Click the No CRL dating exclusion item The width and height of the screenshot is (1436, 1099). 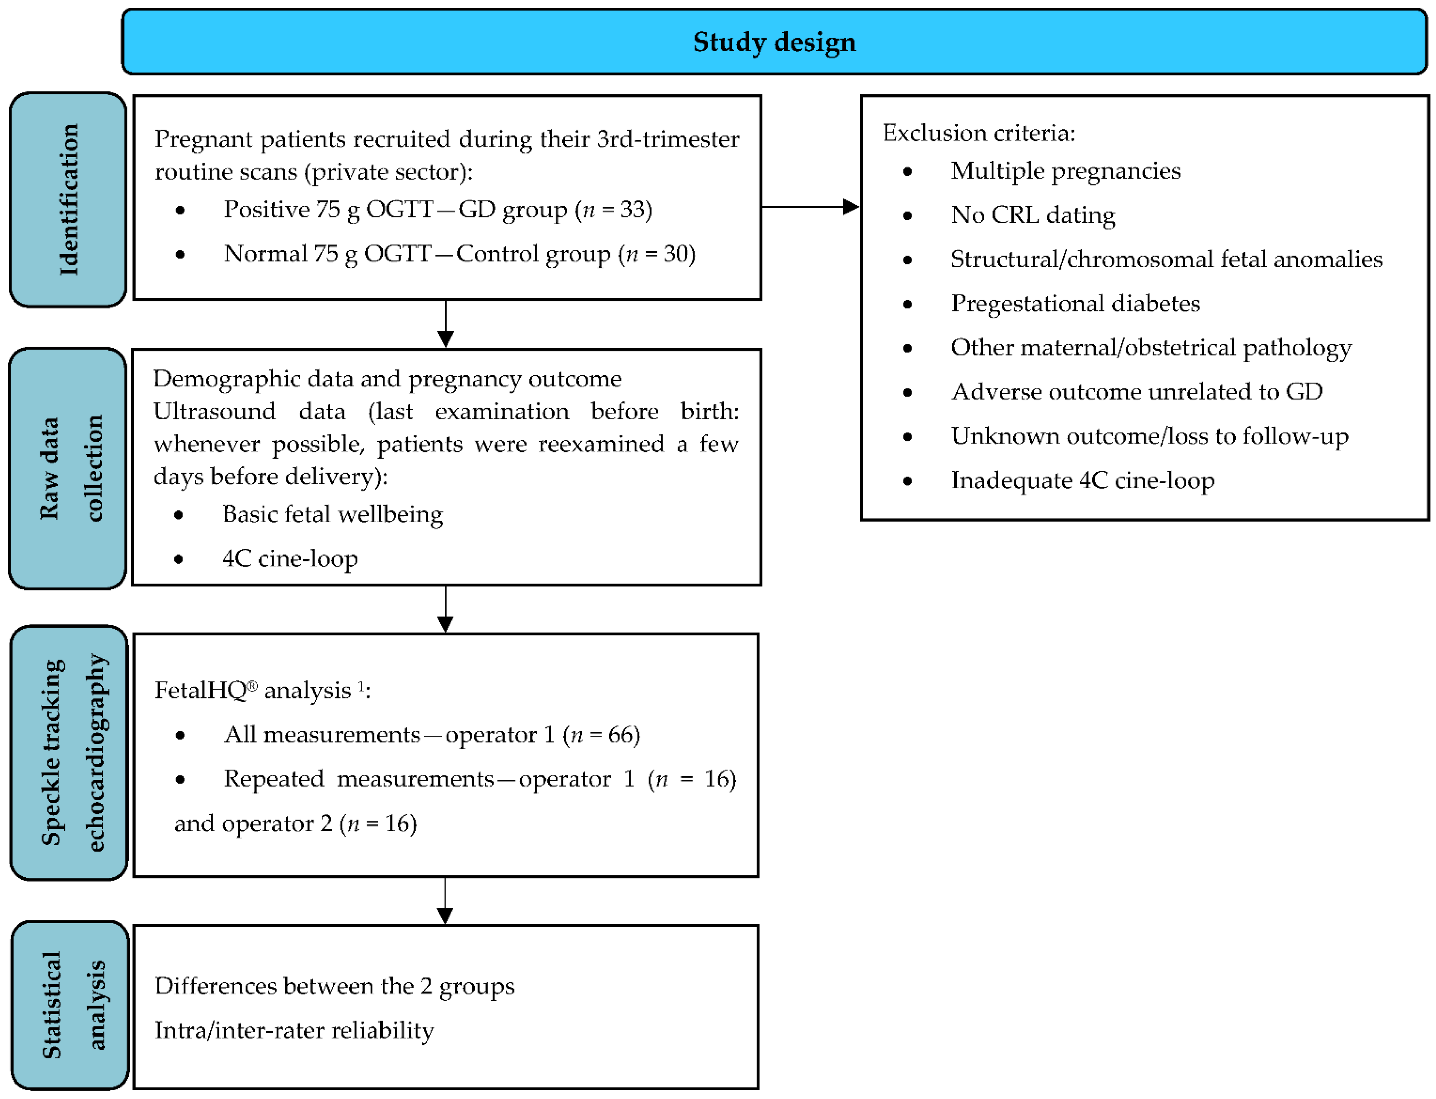1032,215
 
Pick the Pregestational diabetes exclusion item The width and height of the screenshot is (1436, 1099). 1075,304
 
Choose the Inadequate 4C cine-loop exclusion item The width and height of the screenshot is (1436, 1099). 1082,480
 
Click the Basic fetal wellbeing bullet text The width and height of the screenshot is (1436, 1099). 332,514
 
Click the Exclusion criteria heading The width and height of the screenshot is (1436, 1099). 979,133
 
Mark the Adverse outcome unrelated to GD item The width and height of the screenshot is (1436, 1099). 1136,392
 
